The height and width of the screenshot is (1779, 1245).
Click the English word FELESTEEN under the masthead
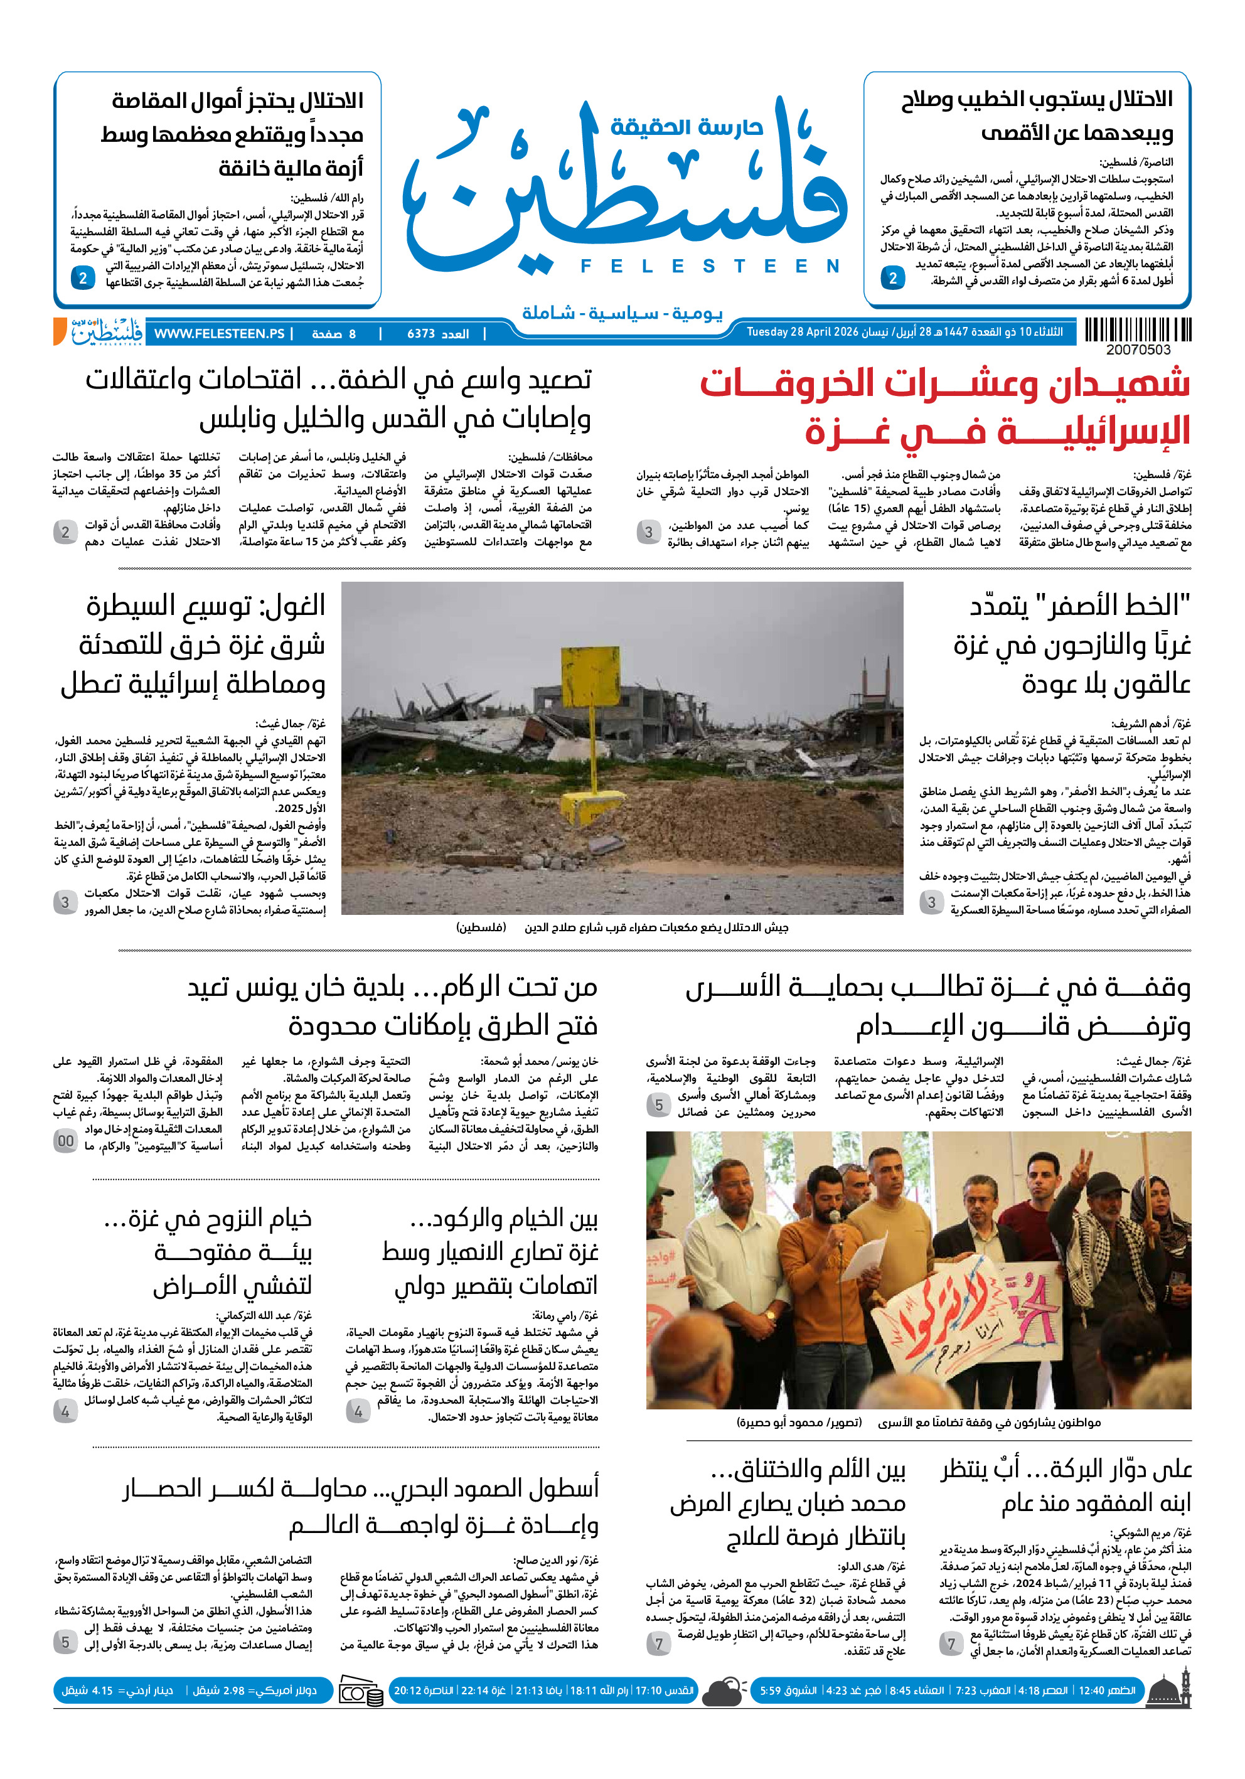pyautogui.click(x=710, y=266)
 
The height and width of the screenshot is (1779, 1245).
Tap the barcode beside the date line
pyautogui.click(x=1137, y=330)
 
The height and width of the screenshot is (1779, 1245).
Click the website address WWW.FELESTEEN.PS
pyautogui.click(x=218, y=334)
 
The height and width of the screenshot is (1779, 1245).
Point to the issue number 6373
pyautogui.click(x=422, y=334)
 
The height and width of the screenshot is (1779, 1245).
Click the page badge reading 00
pyautogui.click(x=65, y=1141)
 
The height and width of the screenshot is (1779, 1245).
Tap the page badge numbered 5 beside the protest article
pyautogui.click(x=658, y=1105)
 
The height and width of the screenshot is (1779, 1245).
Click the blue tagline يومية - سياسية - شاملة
pyautogui.click(x=622, y=313)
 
